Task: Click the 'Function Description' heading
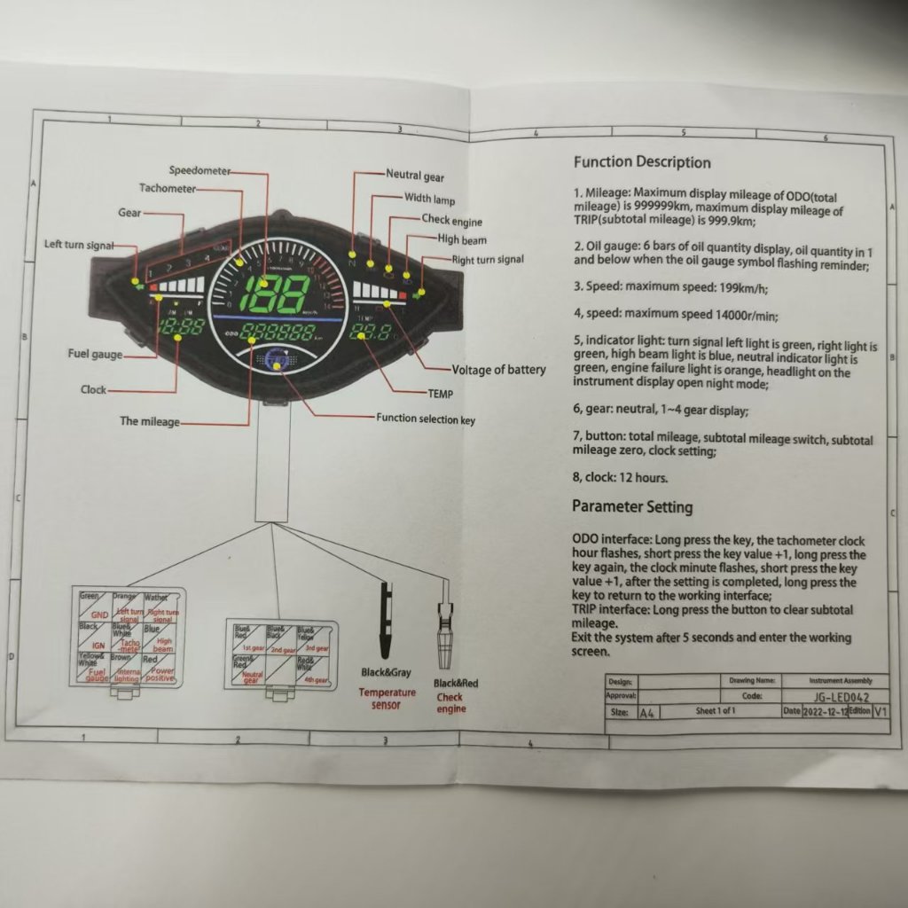point(642,162)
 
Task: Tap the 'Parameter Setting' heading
point(632,507)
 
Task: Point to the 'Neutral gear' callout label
point(415,176)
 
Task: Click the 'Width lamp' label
point(429,199)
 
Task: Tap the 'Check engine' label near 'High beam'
point(452,220)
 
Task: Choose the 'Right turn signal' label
point(488,260)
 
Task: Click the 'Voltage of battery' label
point(499,370)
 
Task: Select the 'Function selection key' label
point(426,419)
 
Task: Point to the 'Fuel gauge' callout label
point(96,355)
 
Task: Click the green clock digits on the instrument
point(181,326)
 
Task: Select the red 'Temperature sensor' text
point(387,699)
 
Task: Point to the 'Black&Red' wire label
point(456,684)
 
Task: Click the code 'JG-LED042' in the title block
point(839,697)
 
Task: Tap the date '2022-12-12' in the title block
point(826,712)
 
